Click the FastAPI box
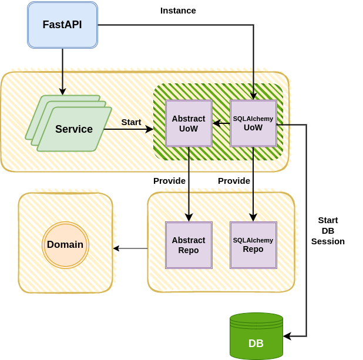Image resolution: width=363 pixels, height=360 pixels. click(x=62, y=25)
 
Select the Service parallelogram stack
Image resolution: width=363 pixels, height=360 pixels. click(x=73, y=129)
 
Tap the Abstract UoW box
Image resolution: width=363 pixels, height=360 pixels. click(x=189, y=123)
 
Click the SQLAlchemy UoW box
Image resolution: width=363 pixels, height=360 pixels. click(x=253, y=123)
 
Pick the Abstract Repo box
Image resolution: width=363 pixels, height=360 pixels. click(x=189, y=245)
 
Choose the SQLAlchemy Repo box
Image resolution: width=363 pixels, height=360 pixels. click(x=253, y=245)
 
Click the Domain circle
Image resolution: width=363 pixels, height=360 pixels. click(x=65, y=245)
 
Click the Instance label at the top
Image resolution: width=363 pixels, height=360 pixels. click(x=178, y=11)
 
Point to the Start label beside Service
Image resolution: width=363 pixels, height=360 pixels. click(x=131, y=122)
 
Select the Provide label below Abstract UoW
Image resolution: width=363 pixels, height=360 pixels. click(x=169, y=181)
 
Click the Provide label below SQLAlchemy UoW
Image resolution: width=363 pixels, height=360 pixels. click(x=234, y=181)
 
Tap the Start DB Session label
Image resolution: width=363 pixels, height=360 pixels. click(x=328, y=230)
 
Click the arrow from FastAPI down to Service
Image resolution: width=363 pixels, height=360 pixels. click(x=62, y=70)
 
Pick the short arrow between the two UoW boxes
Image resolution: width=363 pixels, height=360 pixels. click(x=221, y=123)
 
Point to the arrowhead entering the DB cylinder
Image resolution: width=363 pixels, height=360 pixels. click(x=287, y=337)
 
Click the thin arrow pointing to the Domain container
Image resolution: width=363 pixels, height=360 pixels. click(x=130, y=248)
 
